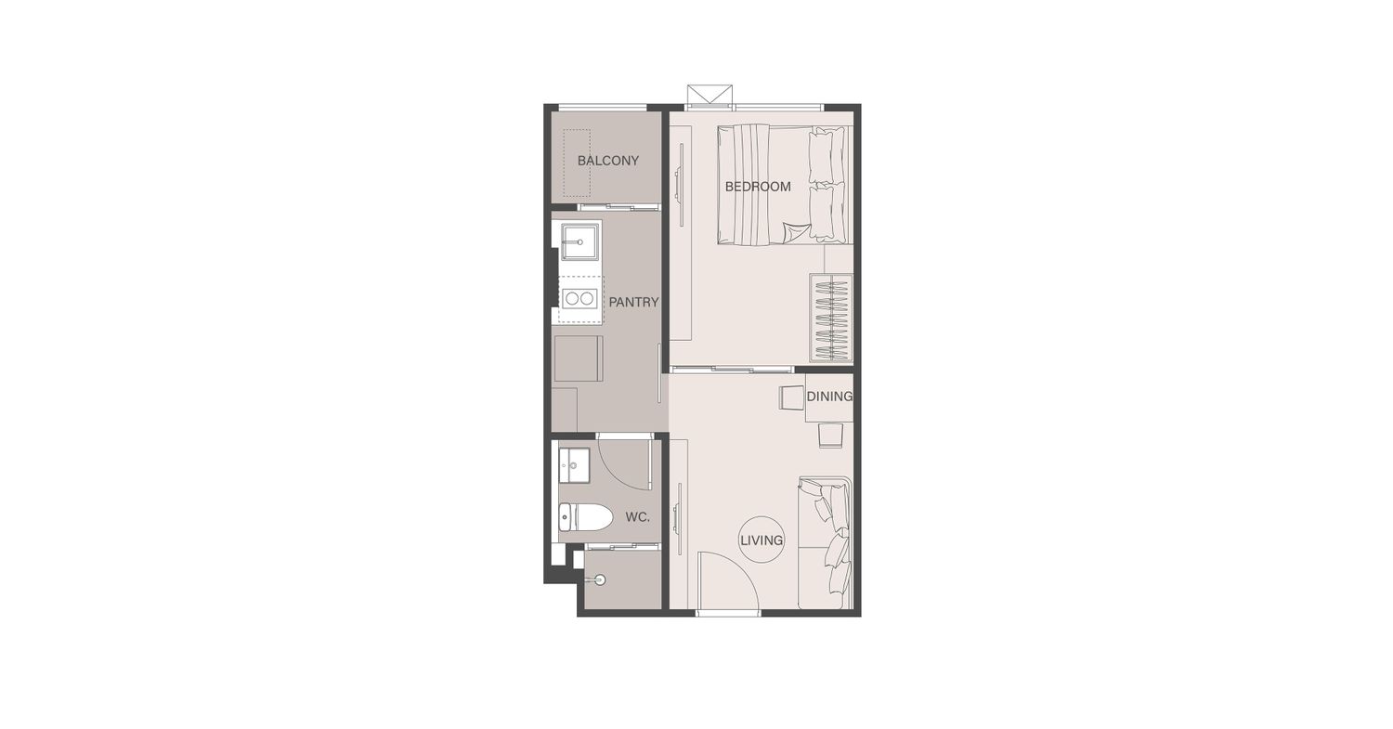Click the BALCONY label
coord(607,161)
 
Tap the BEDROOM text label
coord(758,187)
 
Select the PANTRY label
coord(633,303)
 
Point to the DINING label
coord(829,397)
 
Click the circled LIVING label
coord(762,540)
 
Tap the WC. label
coord(637,517)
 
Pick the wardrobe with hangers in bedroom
coord(831,318)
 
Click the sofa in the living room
coord(825,543)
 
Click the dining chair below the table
coord(830,436)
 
